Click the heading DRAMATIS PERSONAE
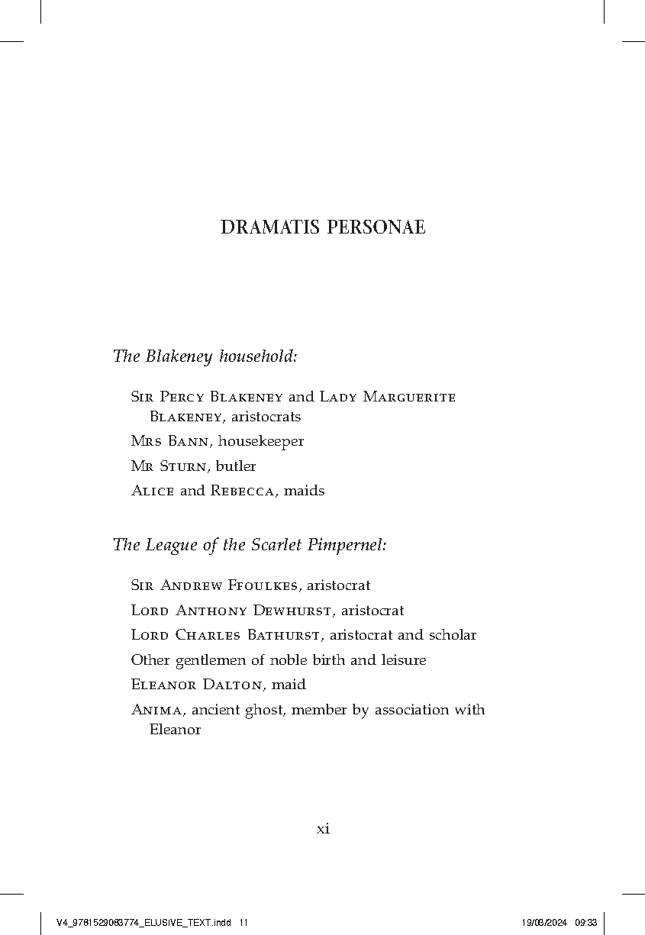pyautogui.click(x=323, y=227)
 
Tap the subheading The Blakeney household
pyautogui.click(x=205, y=356)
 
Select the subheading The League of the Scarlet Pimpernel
pyautogui.click(x=250, y=545)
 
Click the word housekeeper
pyautogui.click(x=261, y=441)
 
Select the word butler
pyautogui.click(x=236, y=466)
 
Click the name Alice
pyautogui.click(x=153, y=491)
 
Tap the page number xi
pyautogui.click(x=323, y=829)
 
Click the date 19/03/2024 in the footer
pyautogui.click(x=544, y=923)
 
